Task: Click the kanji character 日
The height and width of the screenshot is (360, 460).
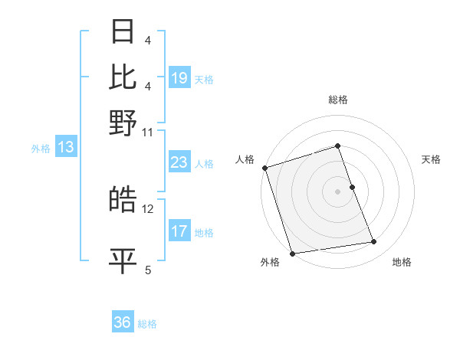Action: coord(123,32)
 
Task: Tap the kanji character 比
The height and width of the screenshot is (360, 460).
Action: coord(123,77)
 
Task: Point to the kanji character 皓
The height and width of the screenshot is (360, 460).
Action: coord(123,199)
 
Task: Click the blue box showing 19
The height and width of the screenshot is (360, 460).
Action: coord(179,78)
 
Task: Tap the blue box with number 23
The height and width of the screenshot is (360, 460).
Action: coord(179,162)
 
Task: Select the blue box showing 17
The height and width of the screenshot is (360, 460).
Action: coord(179,231)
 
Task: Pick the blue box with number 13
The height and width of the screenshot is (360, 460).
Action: coord(66,148)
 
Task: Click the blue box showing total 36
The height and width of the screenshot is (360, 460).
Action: coord(123,322)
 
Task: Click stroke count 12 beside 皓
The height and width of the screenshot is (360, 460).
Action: coord(148,208)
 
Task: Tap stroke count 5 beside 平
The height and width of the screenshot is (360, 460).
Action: coord(148,270)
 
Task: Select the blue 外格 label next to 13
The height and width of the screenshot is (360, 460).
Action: coord(41,149)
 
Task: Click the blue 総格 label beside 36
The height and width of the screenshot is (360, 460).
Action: coord(147,323)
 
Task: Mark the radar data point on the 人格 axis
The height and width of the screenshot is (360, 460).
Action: coord(264,168)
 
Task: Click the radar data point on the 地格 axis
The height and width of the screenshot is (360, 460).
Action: coord(373,242)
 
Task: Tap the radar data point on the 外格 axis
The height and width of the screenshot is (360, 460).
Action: coord(292,253)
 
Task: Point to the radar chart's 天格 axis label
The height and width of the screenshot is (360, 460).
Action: coord(431,159)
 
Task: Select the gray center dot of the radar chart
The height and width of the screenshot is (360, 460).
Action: coord(338,191)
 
